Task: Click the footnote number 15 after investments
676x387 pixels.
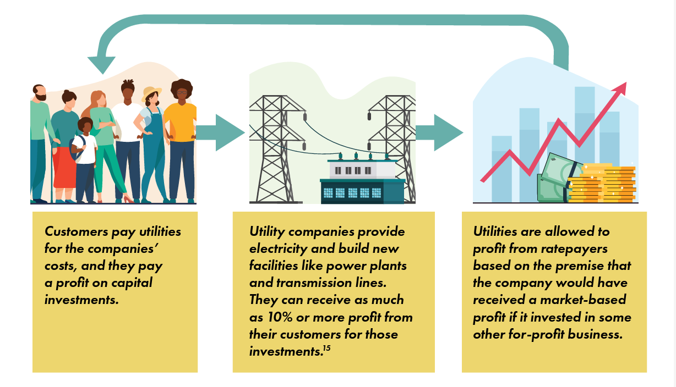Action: click(327, 349)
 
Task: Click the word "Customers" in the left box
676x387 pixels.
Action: click(77, 231)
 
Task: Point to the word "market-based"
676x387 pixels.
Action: click(583, 300)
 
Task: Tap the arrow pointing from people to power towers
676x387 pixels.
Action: click(221, 132)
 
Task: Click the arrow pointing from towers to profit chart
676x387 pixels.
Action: click(439, 132)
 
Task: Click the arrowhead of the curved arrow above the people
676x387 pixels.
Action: click(102, 64)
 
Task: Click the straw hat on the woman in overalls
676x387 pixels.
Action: click(151, 92)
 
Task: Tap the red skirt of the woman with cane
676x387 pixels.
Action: click(64, 167)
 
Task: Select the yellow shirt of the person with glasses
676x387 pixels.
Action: click(181, 122)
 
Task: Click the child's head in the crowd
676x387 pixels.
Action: click(85, 125)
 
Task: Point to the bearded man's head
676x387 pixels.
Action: click(40, 92)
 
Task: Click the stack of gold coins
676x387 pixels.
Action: click(602, 183)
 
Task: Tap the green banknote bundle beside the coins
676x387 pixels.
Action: click(555, 179)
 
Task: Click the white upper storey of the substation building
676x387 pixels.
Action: click(362, 170)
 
